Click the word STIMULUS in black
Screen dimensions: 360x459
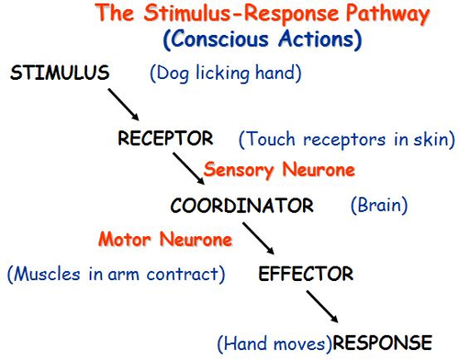coord(61,73)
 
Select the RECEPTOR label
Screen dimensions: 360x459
coord(165,139)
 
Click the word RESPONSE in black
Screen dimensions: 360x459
coord(382,343)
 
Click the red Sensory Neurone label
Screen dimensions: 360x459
coord(279,170)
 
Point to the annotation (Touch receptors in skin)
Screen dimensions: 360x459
coord(346,140)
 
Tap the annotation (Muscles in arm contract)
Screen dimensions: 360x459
coord(118,274)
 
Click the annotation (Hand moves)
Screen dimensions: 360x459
coord(274,343)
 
